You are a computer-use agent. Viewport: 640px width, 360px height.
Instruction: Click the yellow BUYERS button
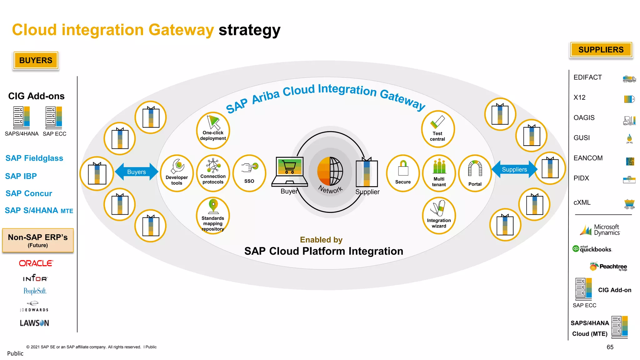[x=36, y=60]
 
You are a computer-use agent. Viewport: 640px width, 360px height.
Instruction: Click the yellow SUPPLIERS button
[x=601, y=50]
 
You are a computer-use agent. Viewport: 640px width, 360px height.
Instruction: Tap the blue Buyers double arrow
[x=137, y=172]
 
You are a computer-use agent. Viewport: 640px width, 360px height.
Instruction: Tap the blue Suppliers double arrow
[x=514, y=169]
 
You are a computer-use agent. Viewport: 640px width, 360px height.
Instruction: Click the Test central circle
[x=437, y=129]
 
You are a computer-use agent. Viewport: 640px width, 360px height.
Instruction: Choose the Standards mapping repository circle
[x=213, y=215]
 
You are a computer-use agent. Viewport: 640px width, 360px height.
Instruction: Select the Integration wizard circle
[x=439, y=215]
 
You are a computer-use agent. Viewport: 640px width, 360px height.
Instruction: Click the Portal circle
[x=475, y=173]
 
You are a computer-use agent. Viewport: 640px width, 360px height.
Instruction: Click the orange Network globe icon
[x=330, y=171]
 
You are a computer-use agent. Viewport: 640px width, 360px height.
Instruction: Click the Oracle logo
[x=36, y=263]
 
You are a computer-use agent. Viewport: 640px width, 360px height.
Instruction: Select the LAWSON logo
[x=34, y=323]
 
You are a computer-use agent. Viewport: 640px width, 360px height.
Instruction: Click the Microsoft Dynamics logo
[x=600, y=230]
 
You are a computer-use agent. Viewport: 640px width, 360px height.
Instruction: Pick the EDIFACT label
[x=587, y=77]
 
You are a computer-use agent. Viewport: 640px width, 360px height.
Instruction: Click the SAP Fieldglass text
[x=34, y=158]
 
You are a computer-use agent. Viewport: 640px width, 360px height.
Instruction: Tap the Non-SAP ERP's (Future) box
[x=38, y=240]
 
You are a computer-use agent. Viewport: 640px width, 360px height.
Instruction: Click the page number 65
[x=610, y=347]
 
